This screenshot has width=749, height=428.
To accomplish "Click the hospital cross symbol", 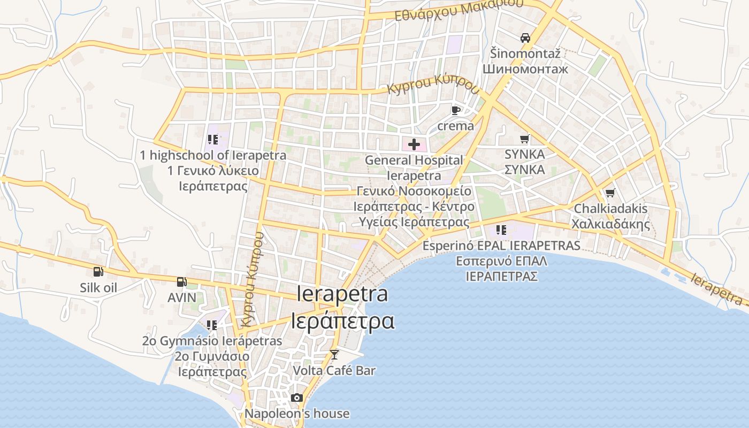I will pyautogui.click(x=414, y=144).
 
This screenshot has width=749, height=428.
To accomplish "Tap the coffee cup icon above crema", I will pyautogui.click(x=455, y=111).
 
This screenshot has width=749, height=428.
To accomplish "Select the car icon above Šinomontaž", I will pyautogui.click(x=525, y=38).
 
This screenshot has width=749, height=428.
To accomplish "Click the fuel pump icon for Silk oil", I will pyautogui.click(x=98, y=272).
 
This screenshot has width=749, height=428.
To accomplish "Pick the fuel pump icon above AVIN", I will pyautogui.click(x=182, y=281).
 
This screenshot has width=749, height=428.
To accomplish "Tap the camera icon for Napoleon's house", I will pyautogui.click(x=297, y=398).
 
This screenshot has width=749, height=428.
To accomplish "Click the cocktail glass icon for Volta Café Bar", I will pyautogui.click(x=334, y=354).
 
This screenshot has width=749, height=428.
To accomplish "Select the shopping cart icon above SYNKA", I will pyautogui.click(x=525, y=139).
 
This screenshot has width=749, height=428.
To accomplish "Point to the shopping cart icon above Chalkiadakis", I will pyautogui.click(x=610, y=193).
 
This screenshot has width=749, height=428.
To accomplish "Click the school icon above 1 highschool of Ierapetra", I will pyautogui.click(x=212, y=140).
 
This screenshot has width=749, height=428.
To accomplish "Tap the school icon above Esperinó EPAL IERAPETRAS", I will pyautogui.click(x=501, y=230).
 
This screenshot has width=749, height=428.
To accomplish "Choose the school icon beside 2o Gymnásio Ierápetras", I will pyautogui.click(x=212, y=325).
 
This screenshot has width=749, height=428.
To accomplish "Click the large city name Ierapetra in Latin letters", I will pyautogui.click(x=342, y=294).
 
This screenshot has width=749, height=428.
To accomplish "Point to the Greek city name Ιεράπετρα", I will pyautogui.click(x=342, y=321).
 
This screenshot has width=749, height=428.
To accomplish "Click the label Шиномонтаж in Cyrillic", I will pyautogui.click(x=517, y=69).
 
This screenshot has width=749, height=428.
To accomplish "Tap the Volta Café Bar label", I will pyautogui.click(x=334, y=370).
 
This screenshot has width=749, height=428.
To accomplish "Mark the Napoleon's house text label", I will pyautogui.click(x=297, y=414).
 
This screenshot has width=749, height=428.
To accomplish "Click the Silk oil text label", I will pyautogui.click(x=98, y=288).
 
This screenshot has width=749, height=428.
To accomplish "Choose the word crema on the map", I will pyautogui.click(x=456, y=126).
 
